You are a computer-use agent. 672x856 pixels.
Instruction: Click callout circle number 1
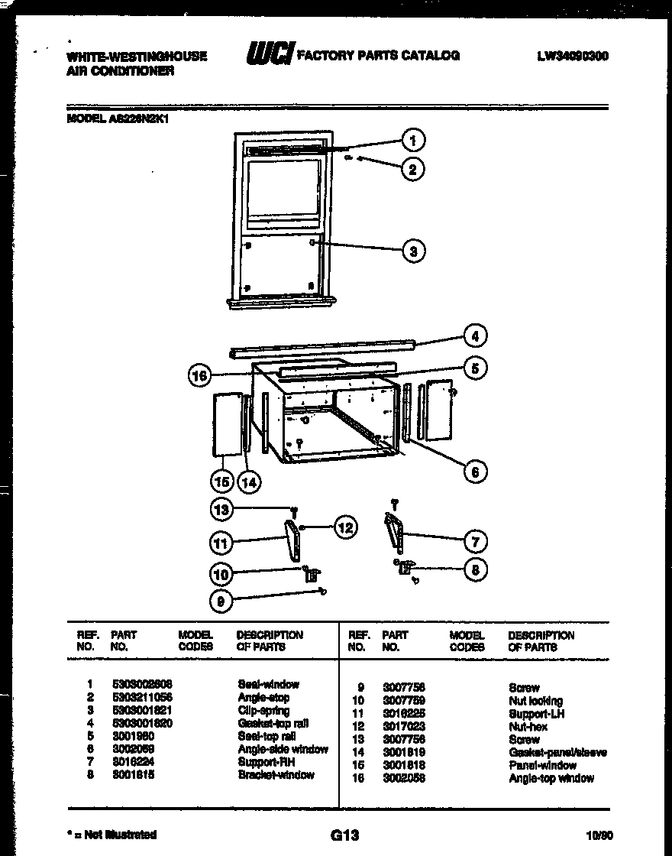click(x=412, y=140)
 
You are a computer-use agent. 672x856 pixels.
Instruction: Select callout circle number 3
click(x=412, y=250)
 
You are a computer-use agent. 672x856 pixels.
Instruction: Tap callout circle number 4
click(x=475, y=336)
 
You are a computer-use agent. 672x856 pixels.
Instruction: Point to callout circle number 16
click(x=199, y=374)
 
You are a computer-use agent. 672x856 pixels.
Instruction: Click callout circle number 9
click(x=221, y=601)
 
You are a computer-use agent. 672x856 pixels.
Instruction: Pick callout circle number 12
click(x=345, y=527)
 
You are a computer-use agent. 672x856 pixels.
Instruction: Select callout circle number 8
click(x=475, y=569)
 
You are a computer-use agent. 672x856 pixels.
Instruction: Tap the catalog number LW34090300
click(x=572, y=56)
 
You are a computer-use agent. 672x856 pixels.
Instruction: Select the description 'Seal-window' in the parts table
click(x=268, y=684)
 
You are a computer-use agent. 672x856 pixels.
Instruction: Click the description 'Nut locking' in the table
click(x=535, y=701)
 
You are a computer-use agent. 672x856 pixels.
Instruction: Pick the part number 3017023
click(x=403, y=727)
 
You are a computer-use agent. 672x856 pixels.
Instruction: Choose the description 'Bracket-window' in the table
click(x=276, y=775)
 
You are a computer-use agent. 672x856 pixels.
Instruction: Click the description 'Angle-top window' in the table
click(x=551, y=778)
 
